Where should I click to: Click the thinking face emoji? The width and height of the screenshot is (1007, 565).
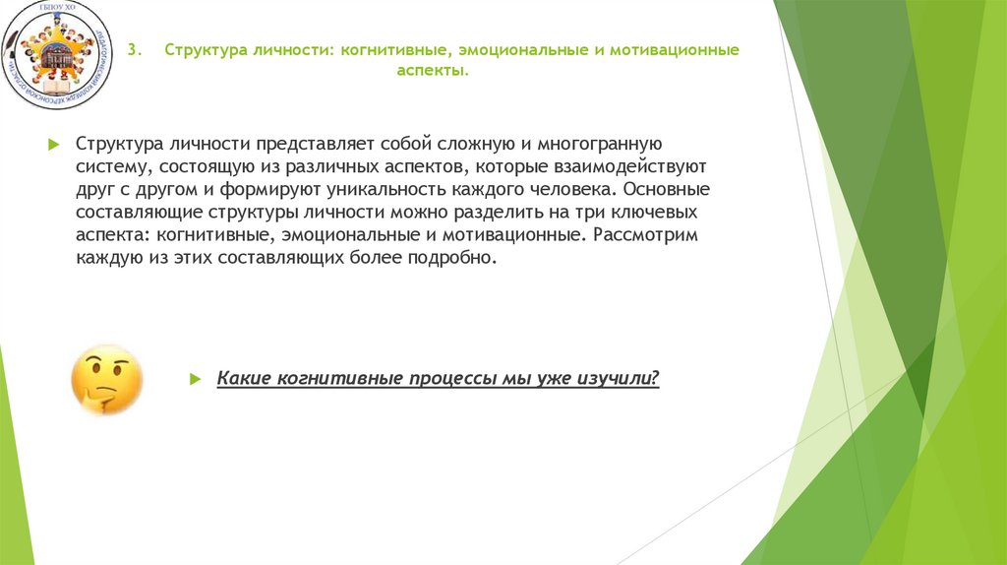pos(106,379)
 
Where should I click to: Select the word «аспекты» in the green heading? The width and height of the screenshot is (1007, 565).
pos(432,72)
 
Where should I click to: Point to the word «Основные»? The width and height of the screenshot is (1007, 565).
pos(660,190)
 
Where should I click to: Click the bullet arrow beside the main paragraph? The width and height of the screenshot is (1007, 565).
pos(55,145)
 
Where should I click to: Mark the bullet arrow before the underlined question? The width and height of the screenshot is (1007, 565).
pos(196,379)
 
